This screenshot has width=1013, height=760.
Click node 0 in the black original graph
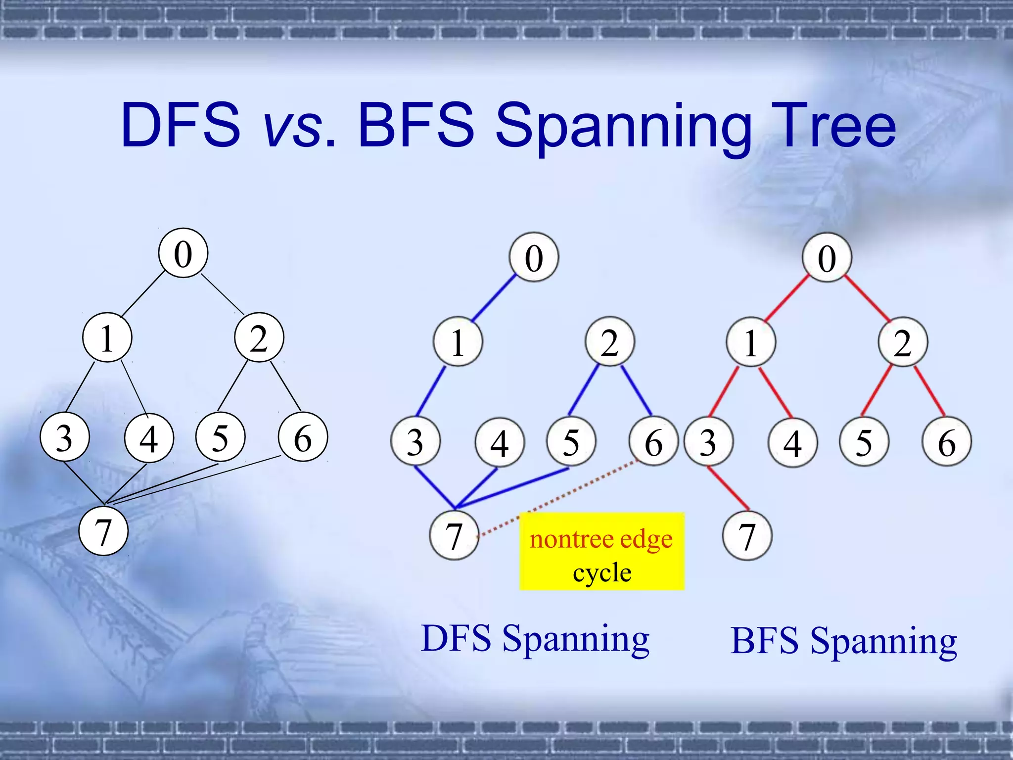pos(183,253)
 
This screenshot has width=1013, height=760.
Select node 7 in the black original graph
pos(103,531)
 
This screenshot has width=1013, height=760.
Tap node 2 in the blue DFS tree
pos(609,342)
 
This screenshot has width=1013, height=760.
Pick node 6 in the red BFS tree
pos(946,442)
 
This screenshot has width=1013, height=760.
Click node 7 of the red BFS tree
pos(746,535)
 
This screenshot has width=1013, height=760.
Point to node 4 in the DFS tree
pos(499,442)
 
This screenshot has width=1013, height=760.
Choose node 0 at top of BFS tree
pos(827,257)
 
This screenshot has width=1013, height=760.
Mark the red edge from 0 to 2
pos(867,298)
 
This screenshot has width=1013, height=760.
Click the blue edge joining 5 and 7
pos(512,488)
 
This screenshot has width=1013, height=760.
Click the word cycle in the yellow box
pos(601,572)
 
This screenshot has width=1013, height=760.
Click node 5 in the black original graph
pos(220,437)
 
